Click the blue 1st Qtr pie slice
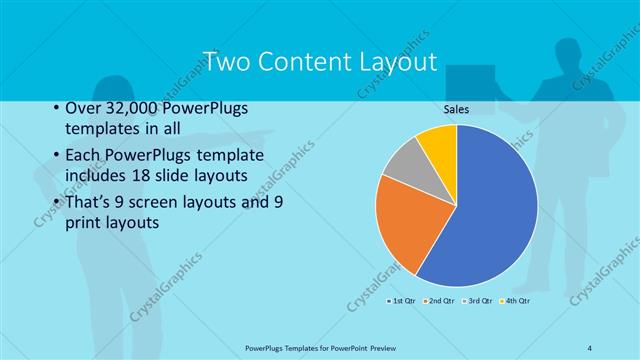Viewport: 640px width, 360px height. pos(490,210)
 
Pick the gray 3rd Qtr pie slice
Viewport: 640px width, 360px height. pos(406,162)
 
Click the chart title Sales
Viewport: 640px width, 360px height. pos(456,109)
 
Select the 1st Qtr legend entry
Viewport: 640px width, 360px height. pos(400,300)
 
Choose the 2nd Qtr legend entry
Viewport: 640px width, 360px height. pos(439,300)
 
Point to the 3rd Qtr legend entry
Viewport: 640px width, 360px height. pos(477,300)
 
